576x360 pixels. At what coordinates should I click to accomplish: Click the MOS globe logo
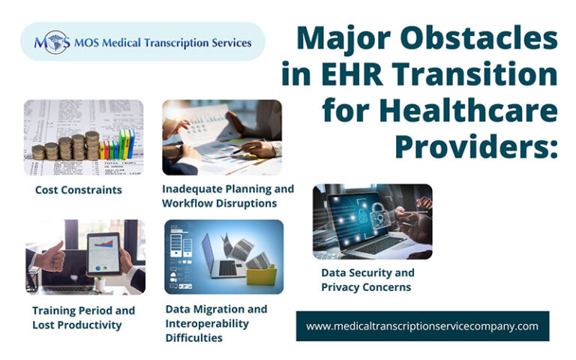click(52, 42)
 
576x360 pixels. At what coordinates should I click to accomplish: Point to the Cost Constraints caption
click(78, 190)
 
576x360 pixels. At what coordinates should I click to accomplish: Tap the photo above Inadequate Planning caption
click(222, 137)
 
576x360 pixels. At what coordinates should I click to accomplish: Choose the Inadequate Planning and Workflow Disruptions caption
click(228, 196)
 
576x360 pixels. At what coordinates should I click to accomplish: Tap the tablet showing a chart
click(103, 253)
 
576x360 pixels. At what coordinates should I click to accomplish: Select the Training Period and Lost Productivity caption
click(83, 317)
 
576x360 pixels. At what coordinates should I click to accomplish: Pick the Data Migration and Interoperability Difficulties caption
click(216, 323)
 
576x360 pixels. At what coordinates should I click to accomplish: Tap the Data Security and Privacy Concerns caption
click(367, 280)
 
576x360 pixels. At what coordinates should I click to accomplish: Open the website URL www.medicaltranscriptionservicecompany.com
click(422, 326)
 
